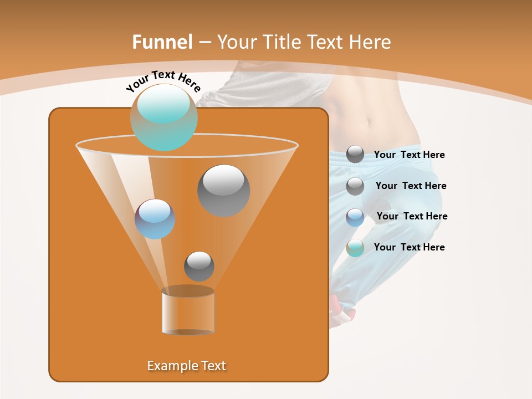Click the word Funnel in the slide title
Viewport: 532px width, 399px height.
point(162,42)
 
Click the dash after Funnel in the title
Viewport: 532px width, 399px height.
point(204,43)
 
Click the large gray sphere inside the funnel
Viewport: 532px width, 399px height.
point(223,190)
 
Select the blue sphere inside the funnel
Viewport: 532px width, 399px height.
point(155,219)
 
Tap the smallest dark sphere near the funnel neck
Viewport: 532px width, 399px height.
point(199,266)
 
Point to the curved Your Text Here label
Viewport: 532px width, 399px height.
point(163,81)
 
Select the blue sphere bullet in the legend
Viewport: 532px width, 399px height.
point(355,217)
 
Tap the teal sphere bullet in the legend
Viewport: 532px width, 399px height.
point(355,248)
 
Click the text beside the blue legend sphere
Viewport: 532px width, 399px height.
point(412,216)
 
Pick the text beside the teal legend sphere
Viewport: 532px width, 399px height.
point(409,247)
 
